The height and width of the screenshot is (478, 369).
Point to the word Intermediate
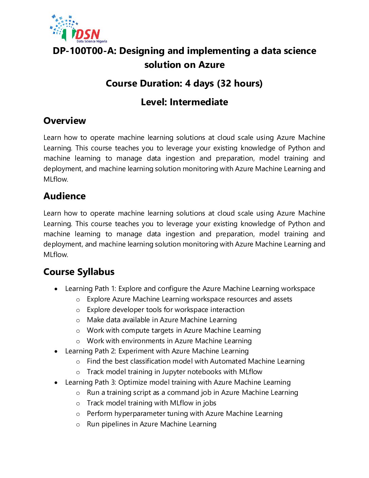[199, 102]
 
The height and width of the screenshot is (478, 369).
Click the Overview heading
[65, 121]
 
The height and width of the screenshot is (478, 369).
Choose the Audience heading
[64, 196]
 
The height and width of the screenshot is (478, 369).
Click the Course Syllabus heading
[79, 272]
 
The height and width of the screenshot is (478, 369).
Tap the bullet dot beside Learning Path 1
[56, 289]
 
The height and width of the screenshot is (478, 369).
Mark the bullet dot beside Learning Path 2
[56, 351]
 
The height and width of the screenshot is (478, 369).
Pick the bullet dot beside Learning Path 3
[56, 383]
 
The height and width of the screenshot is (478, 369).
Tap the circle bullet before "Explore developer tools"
[78, 310]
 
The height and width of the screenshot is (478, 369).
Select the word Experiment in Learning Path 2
[136, 351]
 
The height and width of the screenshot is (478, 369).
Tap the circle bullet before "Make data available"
[78, 320]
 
